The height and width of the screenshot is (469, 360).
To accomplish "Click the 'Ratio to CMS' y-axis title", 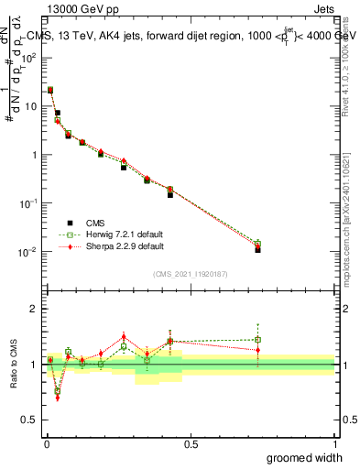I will tap(14, 364).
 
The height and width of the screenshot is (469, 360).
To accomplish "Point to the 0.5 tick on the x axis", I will tap(191, 442).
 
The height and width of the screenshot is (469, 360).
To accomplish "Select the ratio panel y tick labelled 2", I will tap(35, 309).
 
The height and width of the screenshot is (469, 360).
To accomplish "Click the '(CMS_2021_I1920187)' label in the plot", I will tap(191, 274).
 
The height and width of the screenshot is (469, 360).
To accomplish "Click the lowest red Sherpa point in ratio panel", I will tap(57, 398).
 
